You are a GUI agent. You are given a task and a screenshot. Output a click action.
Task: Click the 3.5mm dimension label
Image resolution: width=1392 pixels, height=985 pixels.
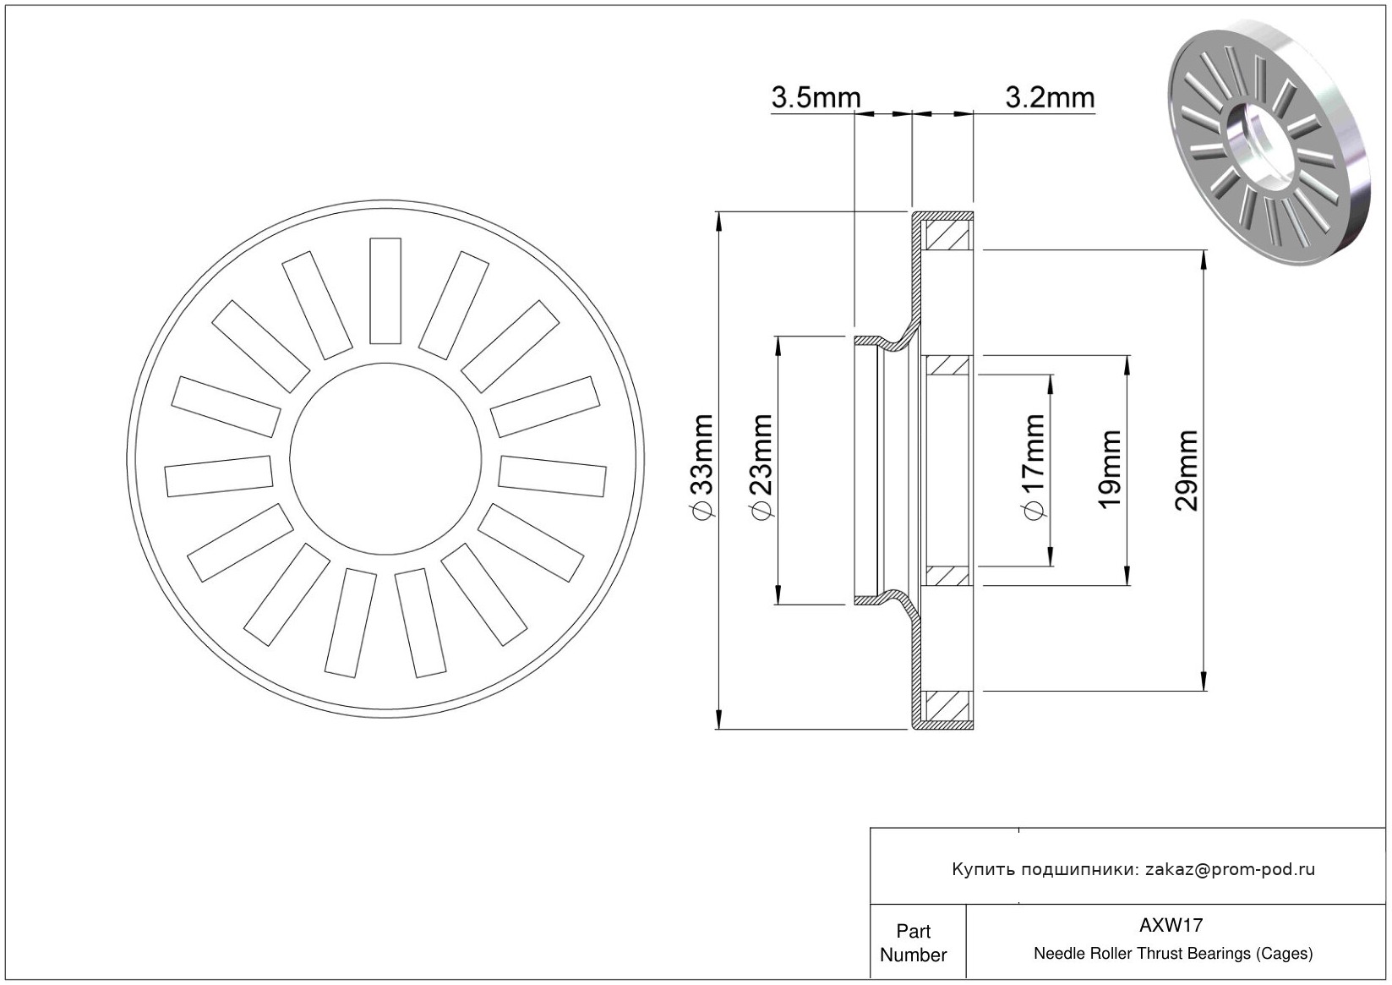(x=816, y=97)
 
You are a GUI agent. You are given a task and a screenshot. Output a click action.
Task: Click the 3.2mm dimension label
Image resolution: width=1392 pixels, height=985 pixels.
(x=1050, y=97)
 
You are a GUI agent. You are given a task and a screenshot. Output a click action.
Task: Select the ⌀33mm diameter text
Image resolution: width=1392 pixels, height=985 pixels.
(x=703, y=467)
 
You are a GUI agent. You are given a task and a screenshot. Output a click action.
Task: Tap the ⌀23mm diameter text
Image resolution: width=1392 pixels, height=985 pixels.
(x=762, y=467)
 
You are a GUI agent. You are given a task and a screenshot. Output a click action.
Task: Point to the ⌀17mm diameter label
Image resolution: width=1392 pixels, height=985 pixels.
(x=1033, y=467)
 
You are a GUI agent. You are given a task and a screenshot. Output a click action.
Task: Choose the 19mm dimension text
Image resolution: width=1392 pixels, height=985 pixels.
(x=1109, y=470)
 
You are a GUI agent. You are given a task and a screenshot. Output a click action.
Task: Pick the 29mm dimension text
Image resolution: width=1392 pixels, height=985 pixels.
(x=1186, y=470)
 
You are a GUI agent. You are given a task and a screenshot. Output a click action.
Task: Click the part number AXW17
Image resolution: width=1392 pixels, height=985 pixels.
(x=1171, y=925)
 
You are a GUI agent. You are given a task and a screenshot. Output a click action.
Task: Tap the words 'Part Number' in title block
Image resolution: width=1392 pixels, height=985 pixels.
(x=913, y=943)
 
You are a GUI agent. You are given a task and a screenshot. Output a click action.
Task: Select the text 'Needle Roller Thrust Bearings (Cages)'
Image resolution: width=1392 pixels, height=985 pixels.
(x=1173, y=953)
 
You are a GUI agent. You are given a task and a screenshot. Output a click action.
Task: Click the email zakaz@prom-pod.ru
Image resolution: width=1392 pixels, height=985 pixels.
(x=1231, y=869)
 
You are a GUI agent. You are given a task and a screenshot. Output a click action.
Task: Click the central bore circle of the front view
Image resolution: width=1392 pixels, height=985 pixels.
(x=385, y=459)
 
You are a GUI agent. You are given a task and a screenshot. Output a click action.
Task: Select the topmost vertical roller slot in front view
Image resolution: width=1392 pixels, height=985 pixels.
(x=385, y=291)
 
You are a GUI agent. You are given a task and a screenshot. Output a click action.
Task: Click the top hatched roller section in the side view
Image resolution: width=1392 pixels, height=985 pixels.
(x=947, y=235)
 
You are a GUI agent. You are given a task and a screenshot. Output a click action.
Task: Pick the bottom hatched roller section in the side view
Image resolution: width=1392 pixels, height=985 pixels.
(x=947, y=706)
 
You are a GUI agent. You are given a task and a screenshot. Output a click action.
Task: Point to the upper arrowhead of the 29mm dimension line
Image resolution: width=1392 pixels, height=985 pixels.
(x=1204, y=260)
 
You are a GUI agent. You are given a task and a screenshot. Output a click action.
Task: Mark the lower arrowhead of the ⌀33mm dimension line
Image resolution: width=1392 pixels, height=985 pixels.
(x=719, y=719)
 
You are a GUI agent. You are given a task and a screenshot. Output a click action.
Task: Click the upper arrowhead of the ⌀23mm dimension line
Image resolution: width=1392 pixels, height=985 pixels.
(x=778, y=347)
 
